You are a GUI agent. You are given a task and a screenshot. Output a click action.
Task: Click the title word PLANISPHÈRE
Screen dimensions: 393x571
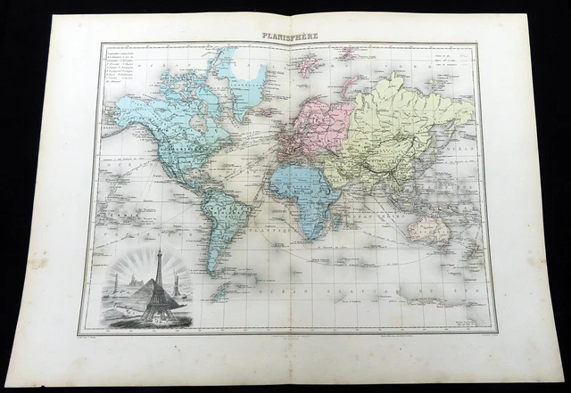[289, 37]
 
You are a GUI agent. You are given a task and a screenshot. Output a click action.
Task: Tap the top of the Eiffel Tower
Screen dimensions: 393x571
[160, 251]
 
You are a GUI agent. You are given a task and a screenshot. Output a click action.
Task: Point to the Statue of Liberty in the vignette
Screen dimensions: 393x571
[177, 283]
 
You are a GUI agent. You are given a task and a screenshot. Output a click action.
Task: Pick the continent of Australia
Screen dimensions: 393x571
[427, 229]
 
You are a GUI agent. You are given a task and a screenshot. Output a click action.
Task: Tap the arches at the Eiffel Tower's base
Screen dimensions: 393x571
[160, 307]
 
